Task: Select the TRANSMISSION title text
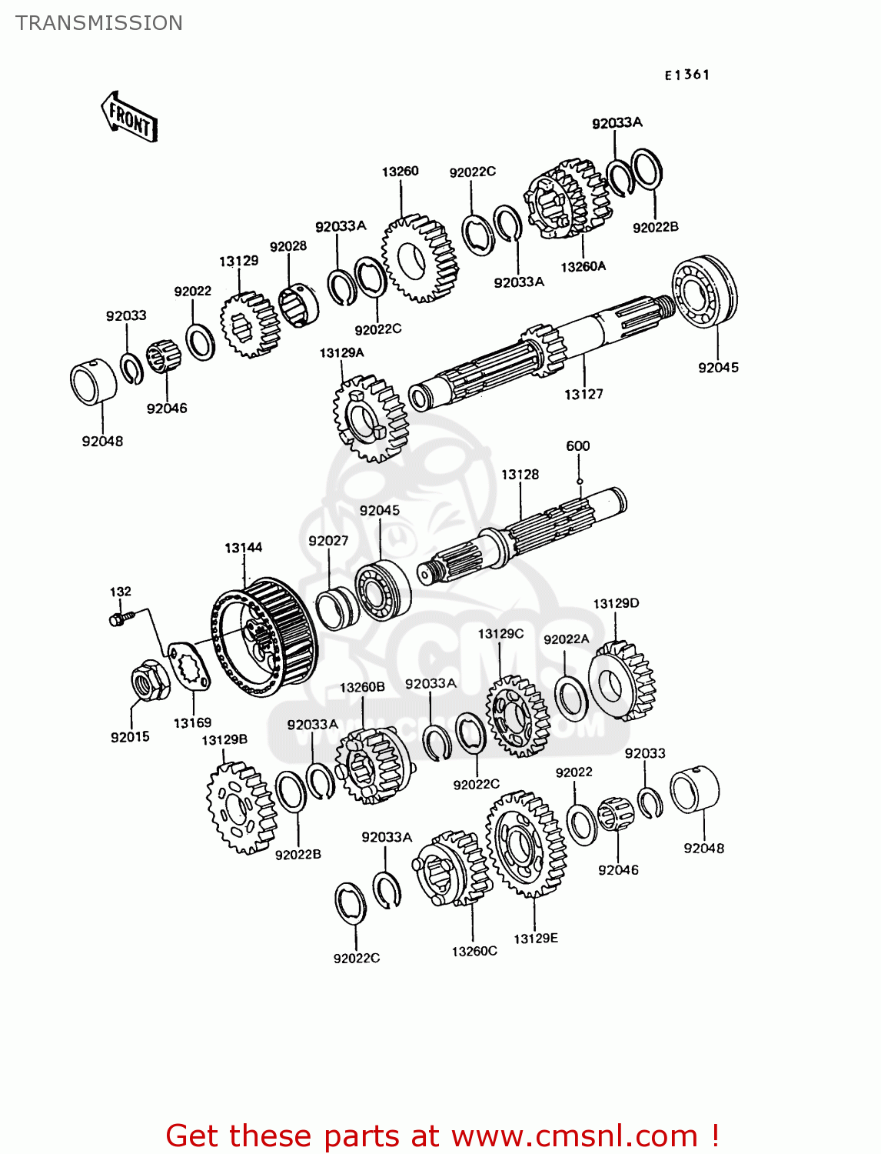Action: click(x=99, y=23)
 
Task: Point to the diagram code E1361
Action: click(x=687, y=75)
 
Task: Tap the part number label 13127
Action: click(x=583, y=394)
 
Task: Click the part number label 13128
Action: click(x=520, y=475)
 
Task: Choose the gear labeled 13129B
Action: click(x=240, y=808)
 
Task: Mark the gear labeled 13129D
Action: click(x=623, y=682)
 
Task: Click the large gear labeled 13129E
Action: click(x=527, y=844)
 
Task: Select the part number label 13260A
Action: click(x=583, y=267)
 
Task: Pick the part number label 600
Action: click(x=577, y=446)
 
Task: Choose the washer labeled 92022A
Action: click(x=571, y=698)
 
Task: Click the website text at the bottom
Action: click(x=442, y=1136)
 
